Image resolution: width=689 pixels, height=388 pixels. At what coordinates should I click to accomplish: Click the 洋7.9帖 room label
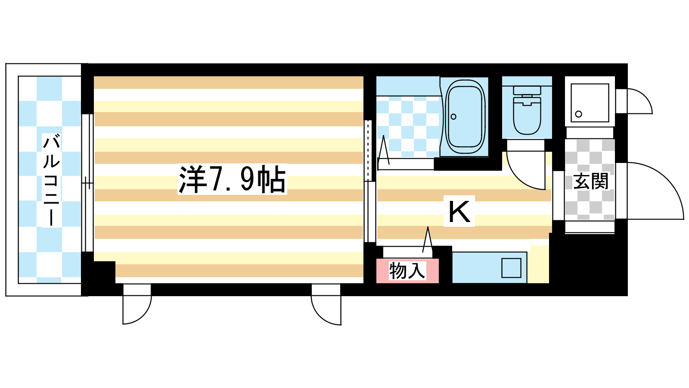point(232,179)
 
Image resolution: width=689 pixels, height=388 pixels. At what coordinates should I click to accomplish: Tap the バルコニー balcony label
point(51,180)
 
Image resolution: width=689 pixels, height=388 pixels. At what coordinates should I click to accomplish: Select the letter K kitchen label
point(459,211)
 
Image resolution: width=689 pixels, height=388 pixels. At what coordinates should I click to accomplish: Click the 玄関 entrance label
point(591,181)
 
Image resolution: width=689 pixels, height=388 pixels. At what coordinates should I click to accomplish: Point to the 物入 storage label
point(407,271)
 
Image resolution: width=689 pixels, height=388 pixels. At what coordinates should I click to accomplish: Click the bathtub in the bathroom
point(465,117)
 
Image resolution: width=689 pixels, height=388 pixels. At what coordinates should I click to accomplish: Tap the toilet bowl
point(527,116)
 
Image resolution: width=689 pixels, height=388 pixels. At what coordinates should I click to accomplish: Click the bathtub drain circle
point(453,117)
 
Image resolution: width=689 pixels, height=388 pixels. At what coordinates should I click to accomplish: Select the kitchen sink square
point(511,268)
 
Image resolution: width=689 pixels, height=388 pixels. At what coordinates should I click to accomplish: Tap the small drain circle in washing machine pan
point(579,114)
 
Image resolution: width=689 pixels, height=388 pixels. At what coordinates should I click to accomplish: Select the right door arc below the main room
point(320,316)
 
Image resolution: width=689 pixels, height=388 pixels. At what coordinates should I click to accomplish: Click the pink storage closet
point(407,271)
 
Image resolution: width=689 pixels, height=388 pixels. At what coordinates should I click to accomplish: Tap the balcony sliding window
point(87,183)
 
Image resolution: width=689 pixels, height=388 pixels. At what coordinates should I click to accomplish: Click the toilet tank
point(527,90)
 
